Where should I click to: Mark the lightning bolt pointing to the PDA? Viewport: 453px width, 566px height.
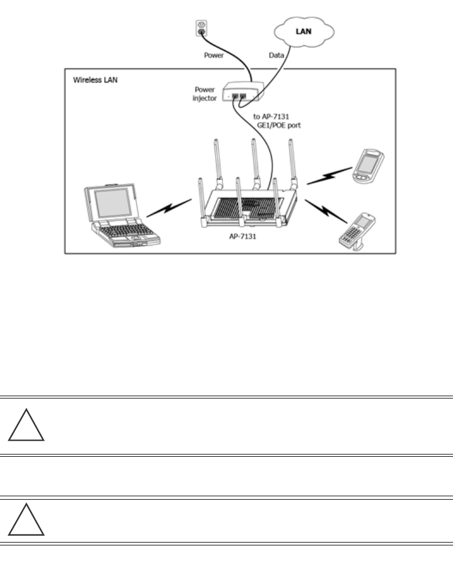[328, 175]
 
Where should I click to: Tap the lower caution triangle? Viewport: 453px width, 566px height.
[26, 520]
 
